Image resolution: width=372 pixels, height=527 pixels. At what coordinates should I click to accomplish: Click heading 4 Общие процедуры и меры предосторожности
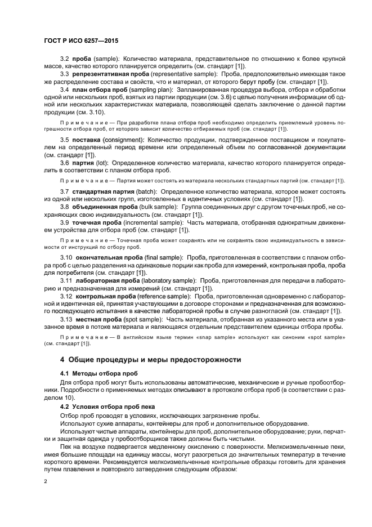coord(151,359)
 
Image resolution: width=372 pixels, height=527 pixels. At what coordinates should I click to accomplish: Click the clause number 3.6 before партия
coord(64,162)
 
